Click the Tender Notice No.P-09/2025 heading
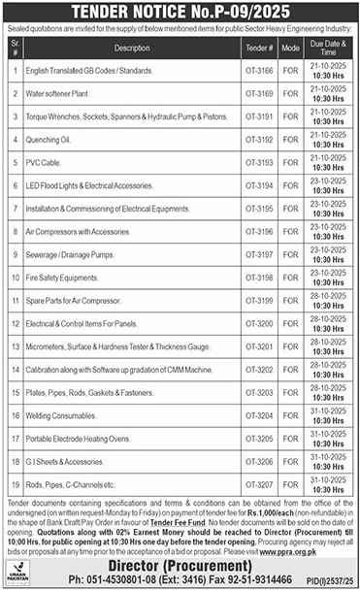(180, 13)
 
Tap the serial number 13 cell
(16, 345)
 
